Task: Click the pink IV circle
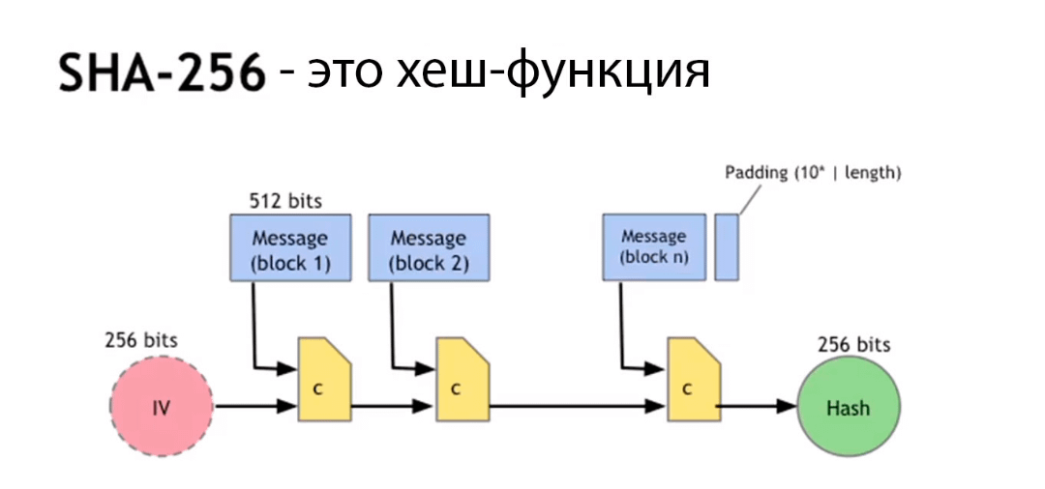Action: [x=162, y=407]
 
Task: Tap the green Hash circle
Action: [x=848, y=407]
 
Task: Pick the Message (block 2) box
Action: [x=429, y=248]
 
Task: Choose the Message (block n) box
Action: [x=655, y=247]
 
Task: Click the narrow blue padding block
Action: [x=727, y=247]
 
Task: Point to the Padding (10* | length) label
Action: [x=813, y=173]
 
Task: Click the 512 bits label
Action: [x=285, y=202]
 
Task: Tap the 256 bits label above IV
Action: [x=140, y=341]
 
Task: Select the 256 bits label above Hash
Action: [x=853, y=345]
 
